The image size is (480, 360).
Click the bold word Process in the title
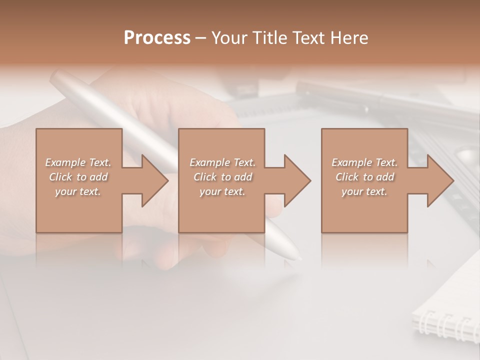coord(157,38)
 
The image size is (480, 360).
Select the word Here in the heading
coord(349,38)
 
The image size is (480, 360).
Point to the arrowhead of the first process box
coord(152,180)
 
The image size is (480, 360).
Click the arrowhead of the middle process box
coord(295,180)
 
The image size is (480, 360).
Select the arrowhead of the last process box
coord(437,180)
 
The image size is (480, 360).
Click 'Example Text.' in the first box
coord(78,162)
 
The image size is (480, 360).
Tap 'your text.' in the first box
coord(78,191)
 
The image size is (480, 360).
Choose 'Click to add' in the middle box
coord(222,177)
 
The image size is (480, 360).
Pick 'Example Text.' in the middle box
coord(222,162)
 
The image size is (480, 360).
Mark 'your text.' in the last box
coord(364,191)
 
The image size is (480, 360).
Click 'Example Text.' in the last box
coord(364,162)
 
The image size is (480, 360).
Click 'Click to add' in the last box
coord(364,177)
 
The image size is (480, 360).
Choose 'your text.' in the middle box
coord(222,191)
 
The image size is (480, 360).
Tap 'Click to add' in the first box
coord(78,177)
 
